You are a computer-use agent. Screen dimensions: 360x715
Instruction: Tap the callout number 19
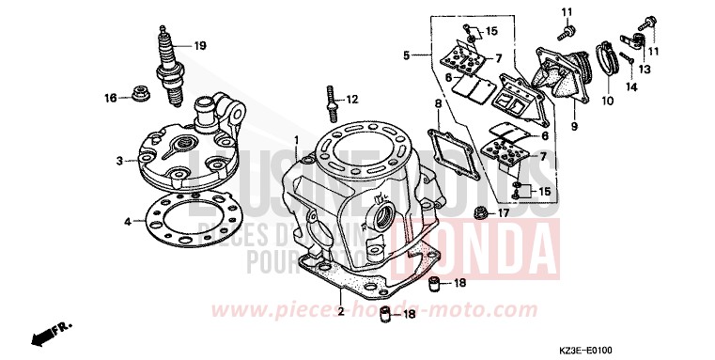199,45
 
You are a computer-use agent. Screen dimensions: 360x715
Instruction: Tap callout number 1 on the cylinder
296,140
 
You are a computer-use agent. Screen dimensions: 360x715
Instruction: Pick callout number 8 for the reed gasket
437,102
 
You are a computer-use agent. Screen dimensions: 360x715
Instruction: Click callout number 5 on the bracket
407,56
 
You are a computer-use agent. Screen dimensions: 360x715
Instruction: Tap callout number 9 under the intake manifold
572,125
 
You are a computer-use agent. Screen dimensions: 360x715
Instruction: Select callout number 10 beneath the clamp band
607,101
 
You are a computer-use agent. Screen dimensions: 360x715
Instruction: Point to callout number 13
646,69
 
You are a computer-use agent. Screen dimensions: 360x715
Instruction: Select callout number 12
352,99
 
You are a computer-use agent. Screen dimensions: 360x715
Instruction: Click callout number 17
503,211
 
